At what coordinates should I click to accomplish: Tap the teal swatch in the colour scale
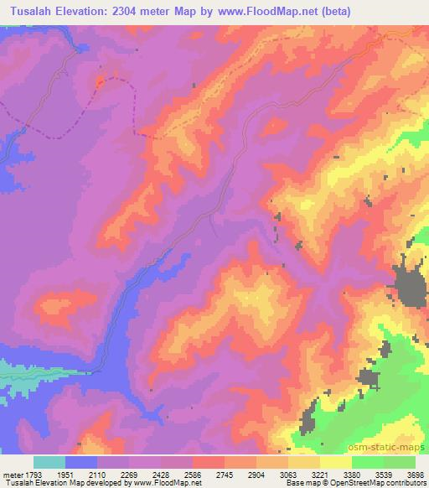(x=49, y=462)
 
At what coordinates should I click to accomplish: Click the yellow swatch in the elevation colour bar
(x=335, y=462)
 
